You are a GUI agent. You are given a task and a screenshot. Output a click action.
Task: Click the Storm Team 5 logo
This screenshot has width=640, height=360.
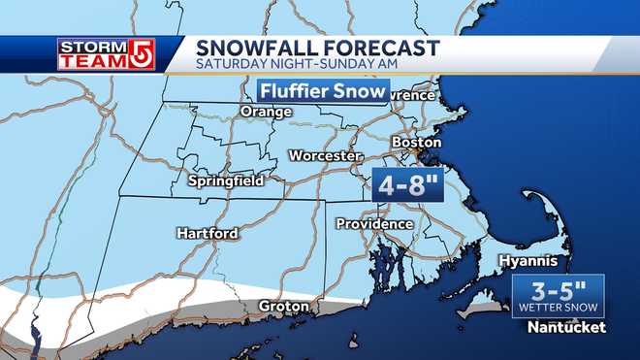pyautogui.click(x=103, y=54)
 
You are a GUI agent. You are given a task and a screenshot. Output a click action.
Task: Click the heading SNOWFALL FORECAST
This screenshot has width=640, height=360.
pyautogui.click(x=304, y=49)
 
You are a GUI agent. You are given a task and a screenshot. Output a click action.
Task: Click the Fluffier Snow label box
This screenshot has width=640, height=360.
pyautogui.click(x=322, y=92)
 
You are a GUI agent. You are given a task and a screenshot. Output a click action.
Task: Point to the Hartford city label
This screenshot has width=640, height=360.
pyautogui.click(x=208, y=233)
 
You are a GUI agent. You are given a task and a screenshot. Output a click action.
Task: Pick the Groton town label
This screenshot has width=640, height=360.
pyautogui.click(x=284, y=307)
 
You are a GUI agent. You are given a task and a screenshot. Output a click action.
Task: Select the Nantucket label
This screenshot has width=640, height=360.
pyautogui.click(x=566, y=328)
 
